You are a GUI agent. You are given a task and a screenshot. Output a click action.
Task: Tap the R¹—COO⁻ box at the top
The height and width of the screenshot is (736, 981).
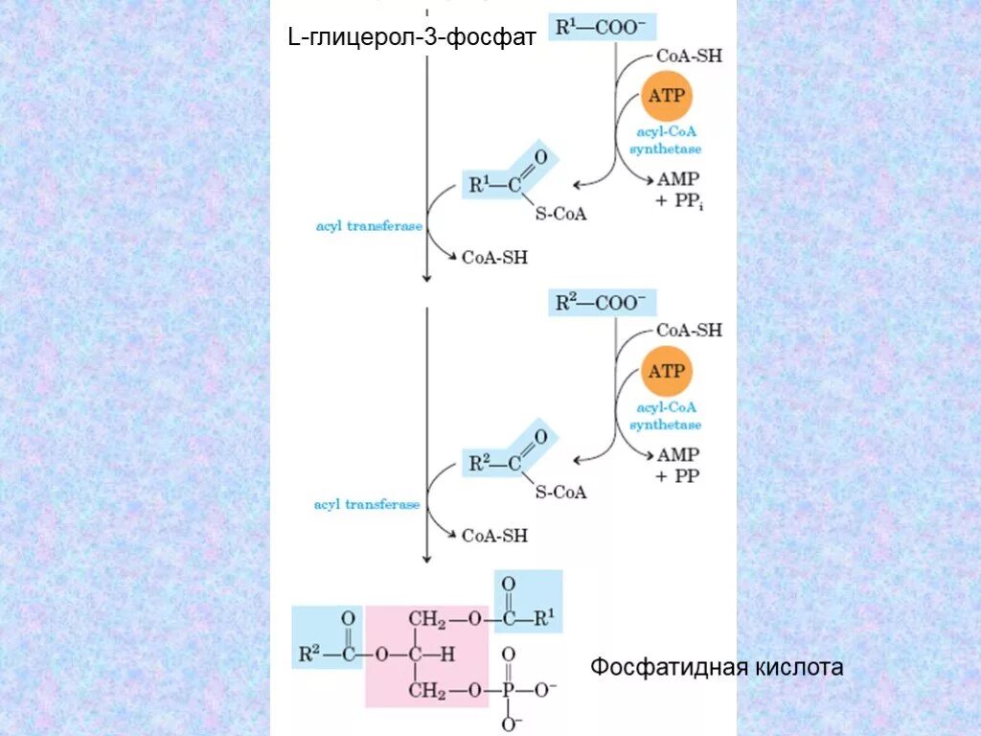602,28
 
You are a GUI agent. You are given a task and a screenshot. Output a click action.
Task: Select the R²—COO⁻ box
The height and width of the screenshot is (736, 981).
602,303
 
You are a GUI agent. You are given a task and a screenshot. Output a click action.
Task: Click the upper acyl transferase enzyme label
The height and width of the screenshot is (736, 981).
368,227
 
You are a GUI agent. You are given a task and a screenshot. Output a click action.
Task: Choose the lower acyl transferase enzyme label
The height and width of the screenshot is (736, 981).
367,504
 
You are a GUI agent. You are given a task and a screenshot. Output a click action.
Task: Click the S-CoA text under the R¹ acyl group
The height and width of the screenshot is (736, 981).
560,215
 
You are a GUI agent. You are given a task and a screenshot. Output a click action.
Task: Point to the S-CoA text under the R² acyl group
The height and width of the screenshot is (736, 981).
560,492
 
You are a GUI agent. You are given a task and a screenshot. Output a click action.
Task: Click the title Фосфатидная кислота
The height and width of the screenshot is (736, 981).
717,667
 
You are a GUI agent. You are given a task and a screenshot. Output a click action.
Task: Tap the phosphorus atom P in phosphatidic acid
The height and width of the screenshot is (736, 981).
508,690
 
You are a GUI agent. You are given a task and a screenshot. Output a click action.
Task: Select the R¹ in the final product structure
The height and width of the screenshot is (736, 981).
543,619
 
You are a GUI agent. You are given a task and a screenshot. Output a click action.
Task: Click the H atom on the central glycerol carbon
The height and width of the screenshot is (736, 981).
446,655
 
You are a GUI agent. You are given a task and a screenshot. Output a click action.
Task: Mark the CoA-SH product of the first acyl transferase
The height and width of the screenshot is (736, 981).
494,257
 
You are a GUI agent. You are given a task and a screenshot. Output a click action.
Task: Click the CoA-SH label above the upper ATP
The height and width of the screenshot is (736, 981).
689,57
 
